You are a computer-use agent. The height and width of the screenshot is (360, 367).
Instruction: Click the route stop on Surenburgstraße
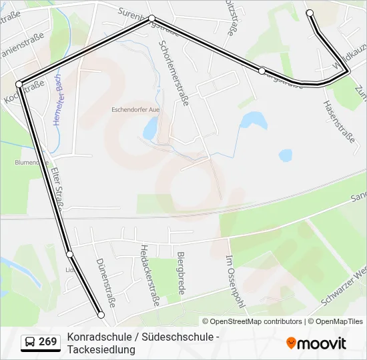[152, 19]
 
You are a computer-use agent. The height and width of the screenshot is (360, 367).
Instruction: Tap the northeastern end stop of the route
[310, 13]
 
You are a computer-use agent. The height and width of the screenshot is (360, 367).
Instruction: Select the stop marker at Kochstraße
[19, 83]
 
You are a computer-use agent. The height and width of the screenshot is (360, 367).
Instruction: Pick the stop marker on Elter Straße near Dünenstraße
[69, 254]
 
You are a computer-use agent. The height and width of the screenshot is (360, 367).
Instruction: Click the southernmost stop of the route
[101, 315]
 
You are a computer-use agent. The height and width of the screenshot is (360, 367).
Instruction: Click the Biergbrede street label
[179, 273]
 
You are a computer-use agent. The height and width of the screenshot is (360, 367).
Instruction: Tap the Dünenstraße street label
[105, 283]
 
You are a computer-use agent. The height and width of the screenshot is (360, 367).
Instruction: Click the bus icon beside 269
[30, 342]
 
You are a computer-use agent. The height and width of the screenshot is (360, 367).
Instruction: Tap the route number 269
[48, 342]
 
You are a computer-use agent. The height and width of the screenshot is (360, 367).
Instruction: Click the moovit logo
[316, 343]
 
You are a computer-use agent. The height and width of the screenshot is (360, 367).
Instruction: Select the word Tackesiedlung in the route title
[101, 349]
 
